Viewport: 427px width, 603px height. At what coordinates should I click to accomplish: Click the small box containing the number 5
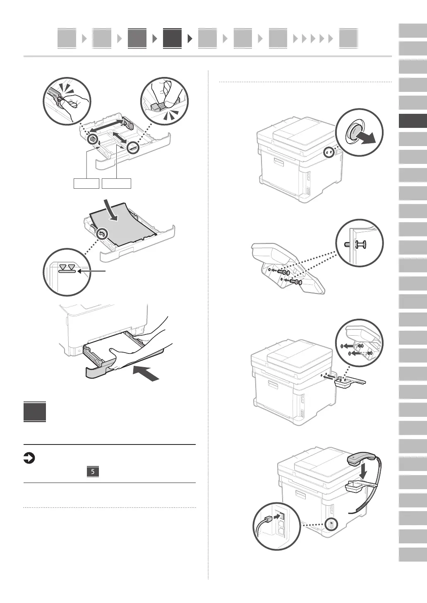click(x=93, y=471)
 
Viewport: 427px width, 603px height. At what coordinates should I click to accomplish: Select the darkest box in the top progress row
click(x=172, y=38)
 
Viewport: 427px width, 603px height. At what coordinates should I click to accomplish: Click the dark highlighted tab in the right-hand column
click(x=413, y=121)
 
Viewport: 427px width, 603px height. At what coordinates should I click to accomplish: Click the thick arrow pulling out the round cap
click(x=367, y=139)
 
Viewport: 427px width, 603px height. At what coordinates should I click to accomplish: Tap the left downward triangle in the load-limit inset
click(x=62, y=267)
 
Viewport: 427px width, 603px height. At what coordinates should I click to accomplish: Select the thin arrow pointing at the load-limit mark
click(x=92, y=271)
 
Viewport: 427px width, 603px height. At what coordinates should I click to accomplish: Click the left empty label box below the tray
click(x=86, y=183)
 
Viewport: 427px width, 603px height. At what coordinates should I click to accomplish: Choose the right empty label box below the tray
click(x=117, y=183)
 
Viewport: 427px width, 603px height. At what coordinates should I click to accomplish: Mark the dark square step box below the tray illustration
click(x=35, y=412)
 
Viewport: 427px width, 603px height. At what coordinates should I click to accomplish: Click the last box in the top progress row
click(x=348, y=38)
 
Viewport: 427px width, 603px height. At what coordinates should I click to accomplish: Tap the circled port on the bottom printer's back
click(x=331, y=524)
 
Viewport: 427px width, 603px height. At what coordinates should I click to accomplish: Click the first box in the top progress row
click(x=67, y=38)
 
